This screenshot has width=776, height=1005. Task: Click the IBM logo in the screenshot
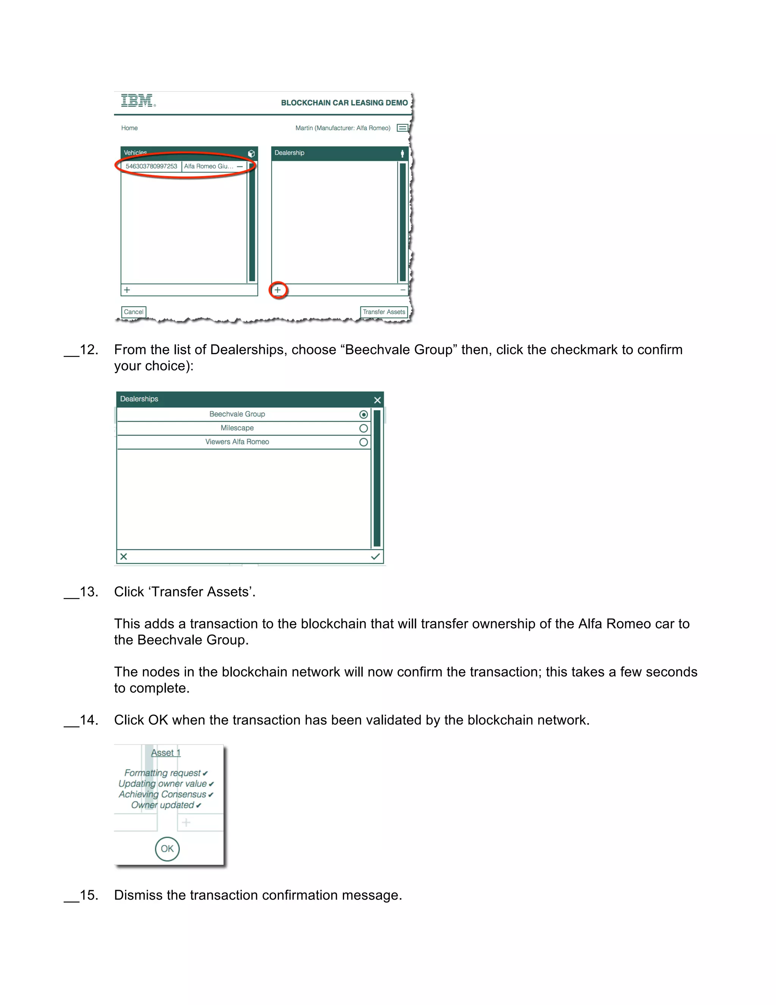click(138, 100)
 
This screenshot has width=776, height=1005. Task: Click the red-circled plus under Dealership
click(278, 290)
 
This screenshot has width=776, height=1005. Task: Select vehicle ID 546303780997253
click(151, 166)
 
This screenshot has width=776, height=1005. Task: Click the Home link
click(129, 128)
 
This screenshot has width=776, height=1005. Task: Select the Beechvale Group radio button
click(363, 414)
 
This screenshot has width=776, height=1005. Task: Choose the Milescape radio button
click(363, 429)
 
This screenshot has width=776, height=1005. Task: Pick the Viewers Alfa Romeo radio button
click(363, 442)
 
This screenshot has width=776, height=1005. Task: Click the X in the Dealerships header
click(377, 400)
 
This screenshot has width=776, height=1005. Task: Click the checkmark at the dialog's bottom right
click(375, 556)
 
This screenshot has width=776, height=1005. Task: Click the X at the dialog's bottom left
click(124, 556)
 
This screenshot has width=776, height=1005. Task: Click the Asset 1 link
click(166, 753)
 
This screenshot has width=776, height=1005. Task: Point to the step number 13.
click(89, 592)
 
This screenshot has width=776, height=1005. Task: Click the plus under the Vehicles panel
click(127, 290)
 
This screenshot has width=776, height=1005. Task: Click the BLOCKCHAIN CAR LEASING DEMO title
click(344, 103)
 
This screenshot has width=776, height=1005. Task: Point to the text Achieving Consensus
click(162, 794)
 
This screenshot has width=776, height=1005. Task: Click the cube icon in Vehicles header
click(251, 153)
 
